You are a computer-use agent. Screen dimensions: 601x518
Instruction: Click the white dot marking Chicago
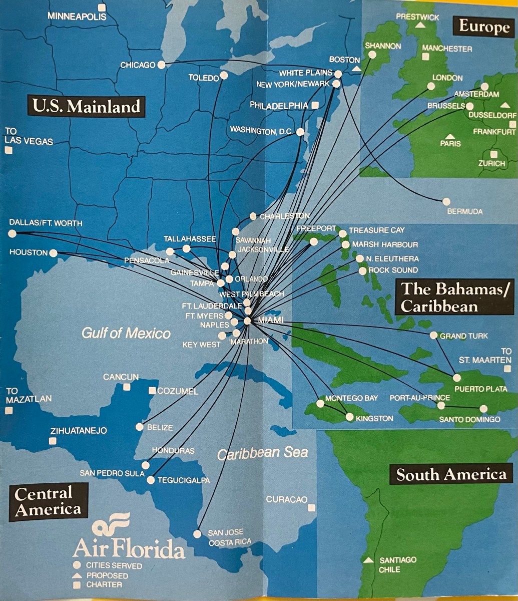pyautogui.click(x=161, y=65)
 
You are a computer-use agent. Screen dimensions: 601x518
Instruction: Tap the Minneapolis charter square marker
pyautogui.click(x=102, y=8)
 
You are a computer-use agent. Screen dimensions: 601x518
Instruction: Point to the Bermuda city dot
pyautogui.click(x=446, y=201)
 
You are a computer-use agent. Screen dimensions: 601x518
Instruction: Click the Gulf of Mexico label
pyautogui.click(x=126, y=333)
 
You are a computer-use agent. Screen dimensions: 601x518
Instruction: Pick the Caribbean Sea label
pyautogui.click(x=262, y=453)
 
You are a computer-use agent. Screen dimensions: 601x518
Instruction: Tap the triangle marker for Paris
pyautogui.click(x=450, y=136)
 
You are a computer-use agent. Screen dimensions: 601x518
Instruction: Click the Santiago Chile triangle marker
pyautogui.click(x=369, y=559)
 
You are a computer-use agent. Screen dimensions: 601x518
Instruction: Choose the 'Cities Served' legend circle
pyautogui.click(x=77, y=565)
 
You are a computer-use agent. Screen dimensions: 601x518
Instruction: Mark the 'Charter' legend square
pyautogui.click(x=77, y=584)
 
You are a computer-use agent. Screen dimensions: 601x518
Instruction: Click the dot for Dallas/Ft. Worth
pyautogui.click(x=12, y=233)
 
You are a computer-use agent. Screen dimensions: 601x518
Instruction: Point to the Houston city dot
pyautogui.click(x=54, y=253)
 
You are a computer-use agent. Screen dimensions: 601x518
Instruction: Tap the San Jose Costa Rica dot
pyautogui.click(x=197, y=534)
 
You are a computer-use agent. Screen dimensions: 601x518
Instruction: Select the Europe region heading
pyautogui.click(x=484, y=26)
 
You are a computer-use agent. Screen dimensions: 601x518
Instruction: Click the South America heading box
pyautogui.click(x=451, y=474)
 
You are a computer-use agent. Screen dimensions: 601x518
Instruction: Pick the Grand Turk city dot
pyautogui.click(x=433, y=336)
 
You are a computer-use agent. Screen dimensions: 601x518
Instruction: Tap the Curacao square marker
pyautogui.click(x=312, y=507)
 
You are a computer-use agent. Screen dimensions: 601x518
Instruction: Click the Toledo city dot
pyautogui.click(x=224, y=76)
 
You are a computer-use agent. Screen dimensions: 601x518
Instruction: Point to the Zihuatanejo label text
pyautogui.click(x=79, y=431)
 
